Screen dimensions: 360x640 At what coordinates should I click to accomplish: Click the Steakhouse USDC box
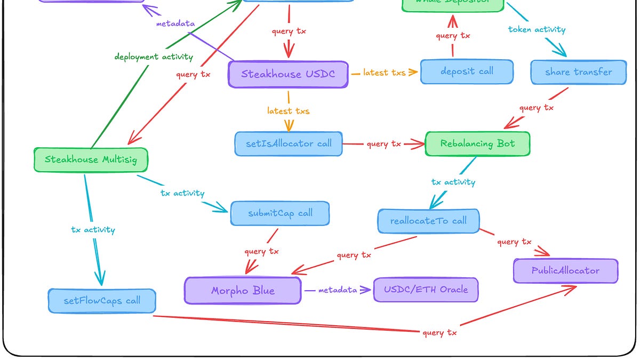(288, 74)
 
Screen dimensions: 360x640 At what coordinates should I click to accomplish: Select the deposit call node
(467, 71)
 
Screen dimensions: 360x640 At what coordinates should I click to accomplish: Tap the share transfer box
(578, 72)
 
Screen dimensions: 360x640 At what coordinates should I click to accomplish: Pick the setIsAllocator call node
(289, 143)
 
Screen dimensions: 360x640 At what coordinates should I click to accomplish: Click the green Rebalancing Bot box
(477, 143)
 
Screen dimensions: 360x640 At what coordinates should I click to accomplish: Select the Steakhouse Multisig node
(91, 159)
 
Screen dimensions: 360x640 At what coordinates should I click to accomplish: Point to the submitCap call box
(280, 213)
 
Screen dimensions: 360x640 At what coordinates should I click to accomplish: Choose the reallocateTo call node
(429, 221)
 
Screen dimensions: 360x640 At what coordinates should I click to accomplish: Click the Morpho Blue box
(243, 291)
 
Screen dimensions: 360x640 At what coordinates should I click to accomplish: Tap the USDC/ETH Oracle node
(426, 290)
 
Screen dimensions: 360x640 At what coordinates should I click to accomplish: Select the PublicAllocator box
(565, 271)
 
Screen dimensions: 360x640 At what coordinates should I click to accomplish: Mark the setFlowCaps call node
(102, 301)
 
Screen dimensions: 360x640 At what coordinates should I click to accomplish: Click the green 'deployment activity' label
(154, 57)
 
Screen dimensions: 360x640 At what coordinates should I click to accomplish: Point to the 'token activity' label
(537, 30)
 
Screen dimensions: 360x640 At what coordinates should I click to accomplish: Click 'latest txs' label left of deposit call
(384, 73)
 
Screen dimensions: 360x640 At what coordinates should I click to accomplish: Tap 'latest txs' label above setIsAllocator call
(288, 111)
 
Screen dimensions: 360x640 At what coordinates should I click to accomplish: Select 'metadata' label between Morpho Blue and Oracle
(337, 290)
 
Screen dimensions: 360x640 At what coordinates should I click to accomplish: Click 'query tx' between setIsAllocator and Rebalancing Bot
(384, 144)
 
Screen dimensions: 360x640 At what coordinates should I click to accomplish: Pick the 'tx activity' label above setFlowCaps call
(93, 230)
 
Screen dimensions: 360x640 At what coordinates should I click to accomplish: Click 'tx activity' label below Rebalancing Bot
(453, 182)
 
